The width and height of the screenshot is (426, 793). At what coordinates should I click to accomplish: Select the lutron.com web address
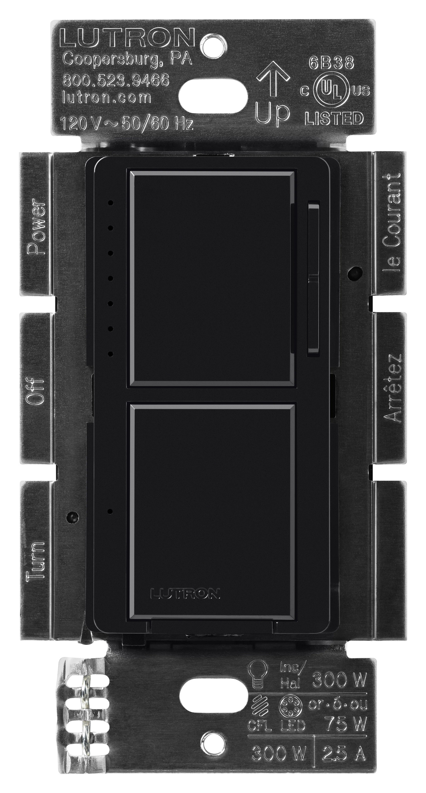click(106, 98)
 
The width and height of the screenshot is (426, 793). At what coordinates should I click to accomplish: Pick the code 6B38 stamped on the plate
click(331, 63)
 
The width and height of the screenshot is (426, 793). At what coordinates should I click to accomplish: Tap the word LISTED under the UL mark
click(334, 118)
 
